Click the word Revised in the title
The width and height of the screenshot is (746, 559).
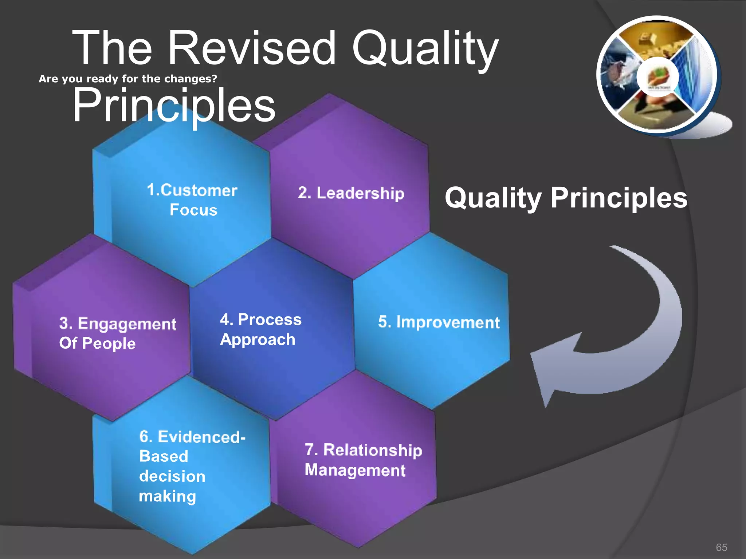pos(251,48)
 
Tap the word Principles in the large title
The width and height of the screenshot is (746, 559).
pos(174,106)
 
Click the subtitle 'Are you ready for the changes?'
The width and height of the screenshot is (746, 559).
pos(127,79)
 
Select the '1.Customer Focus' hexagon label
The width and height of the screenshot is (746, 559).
pos(192,200)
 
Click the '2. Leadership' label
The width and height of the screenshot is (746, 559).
pos(351,193)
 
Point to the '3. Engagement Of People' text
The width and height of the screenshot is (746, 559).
pos(117,333)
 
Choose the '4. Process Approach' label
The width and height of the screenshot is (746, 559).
pos(260,329)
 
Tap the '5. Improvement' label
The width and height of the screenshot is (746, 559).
pos(439,322)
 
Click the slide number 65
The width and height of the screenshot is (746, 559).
pos(721,547)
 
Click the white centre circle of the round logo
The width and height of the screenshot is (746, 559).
pos(657,76)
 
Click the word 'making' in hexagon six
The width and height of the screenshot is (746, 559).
pos(167,496)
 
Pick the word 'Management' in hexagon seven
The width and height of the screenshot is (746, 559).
pos(355,470)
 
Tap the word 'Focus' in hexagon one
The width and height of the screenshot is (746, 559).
pos(193,210)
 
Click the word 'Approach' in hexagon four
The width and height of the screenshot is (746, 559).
pos(258,340)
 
